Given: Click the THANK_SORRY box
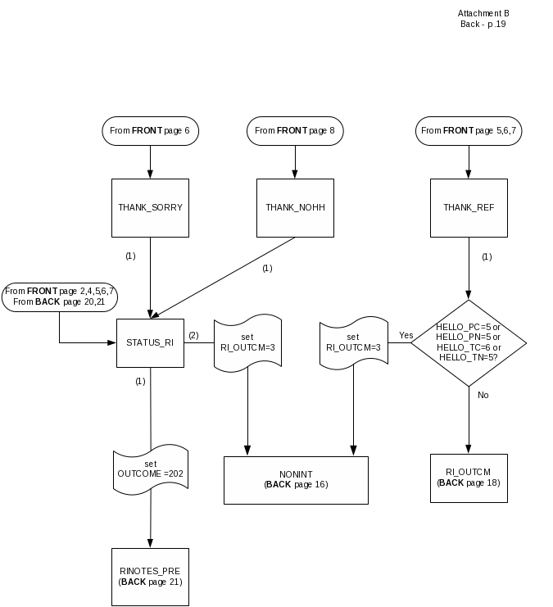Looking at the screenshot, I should (x=150, y=207).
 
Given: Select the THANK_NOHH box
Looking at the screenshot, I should (x=295, y=207).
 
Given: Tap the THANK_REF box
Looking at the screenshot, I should (x=469, y=207).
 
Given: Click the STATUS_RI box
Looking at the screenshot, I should (x=150, y=342).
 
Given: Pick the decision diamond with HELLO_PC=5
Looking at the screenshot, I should (x=469, y=342).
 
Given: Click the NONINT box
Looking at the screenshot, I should (x=296, y=479).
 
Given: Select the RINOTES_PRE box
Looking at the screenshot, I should (x=150, y=575).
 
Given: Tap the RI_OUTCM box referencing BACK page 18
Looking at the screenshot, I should (x=469, y=477).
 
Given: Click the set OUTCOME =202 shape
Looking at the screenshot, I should (x=150, y=469).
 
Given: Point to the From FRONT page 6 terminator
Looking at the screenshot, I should (x=150, y=130).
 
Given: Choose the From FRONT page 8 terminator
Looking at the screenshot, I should (x=295, y=130).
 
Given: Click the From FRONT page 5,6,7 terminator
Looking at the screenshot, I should (x=469, y=130).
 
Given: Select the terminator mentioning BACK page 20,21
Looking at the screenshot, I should (x=60, y=297).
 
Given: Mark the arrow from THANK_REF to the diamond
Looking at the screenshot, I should (x=469, y=270).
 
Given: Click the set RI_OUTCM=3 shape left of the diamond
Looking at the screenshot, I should (x=353, y=342).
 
